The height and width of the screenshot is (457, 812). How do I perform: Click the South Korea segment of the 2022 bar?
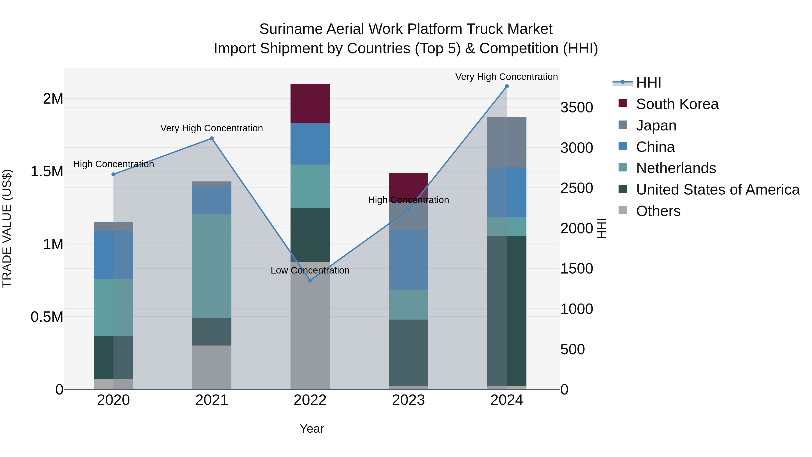(310, 103)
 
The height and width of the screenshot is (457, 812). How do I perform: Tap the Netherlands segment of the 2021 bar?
(212, 266)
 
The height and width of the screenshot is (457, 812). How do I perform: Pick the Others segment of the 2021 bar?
(212, 367)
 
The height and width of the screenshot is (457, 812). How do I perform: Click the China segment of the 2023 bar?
(408, 260)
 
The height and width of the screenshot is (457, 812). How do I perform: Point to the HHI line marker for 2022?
(310, 280)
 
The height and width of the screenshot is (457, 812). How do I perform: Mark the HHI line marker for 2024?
(507, 86)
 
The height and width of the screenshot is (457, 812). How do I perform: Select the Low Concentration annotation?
(310, 271)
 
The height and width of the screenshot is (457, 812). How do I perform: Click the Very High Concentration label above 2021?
(212, 128)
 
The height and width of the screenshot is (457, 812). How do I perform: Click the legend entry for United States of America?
(717, 190)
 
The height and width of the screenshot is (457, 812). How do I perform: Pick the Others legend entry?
(658, 211)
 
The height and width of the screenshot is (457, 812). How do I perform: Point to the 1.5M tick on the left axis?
(47, 172)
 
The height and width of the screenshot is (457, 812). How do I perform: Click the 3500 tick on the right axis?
(577, 108)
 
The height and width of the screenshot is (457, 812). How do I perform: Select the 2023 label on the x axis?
(408, 400)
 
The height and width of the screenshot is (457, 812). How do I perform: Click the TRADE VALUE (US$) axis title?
(7, 228)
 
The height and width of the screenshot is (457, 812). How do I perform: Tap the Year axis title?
(312, 429)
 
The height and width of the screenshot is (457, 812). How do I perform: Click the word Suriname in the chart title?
(291, 29)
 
